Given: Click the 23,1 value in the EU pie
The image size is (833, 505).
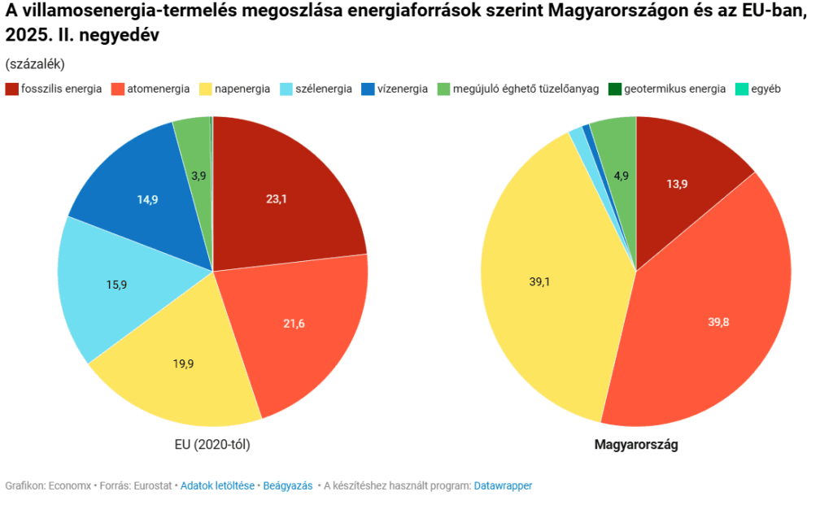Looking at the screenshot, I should click(276, 198).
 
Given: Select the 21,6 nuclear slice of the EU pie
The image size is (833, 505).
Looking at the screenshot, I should click(294, 324).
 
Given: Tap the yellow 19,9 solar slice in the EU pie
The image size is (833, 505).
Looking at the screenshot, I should click(184, 364).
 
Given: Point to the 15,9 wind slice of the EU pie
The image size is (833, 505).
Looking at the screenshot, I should click(116, 285).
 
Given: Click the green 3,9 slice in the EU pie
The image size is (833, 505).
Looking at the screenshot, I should click(198, 174).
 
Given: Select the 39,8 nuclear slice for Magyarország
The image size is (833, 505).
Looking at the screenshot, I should click(718, 322).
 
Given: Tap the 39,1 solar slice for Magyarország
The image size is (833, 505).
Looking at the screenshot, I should click(540, 281).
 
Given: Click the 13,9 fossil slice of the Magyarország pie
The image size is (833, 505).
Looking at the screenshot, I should click(677, 184).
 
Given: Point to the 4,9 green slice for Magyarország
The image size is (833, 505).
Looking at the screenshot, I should click(621, 176).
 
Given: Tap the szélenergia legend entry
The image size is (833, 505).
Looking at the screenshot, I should click(323, 89).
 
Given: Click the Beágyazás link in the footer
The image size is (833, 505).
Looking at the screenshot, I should click(288, 485).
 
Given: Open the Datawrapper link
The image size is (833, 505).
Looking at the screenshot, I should click(503, 485).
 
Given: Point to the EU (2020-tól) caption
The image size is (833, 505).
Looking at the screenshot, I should click(212, 445).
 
